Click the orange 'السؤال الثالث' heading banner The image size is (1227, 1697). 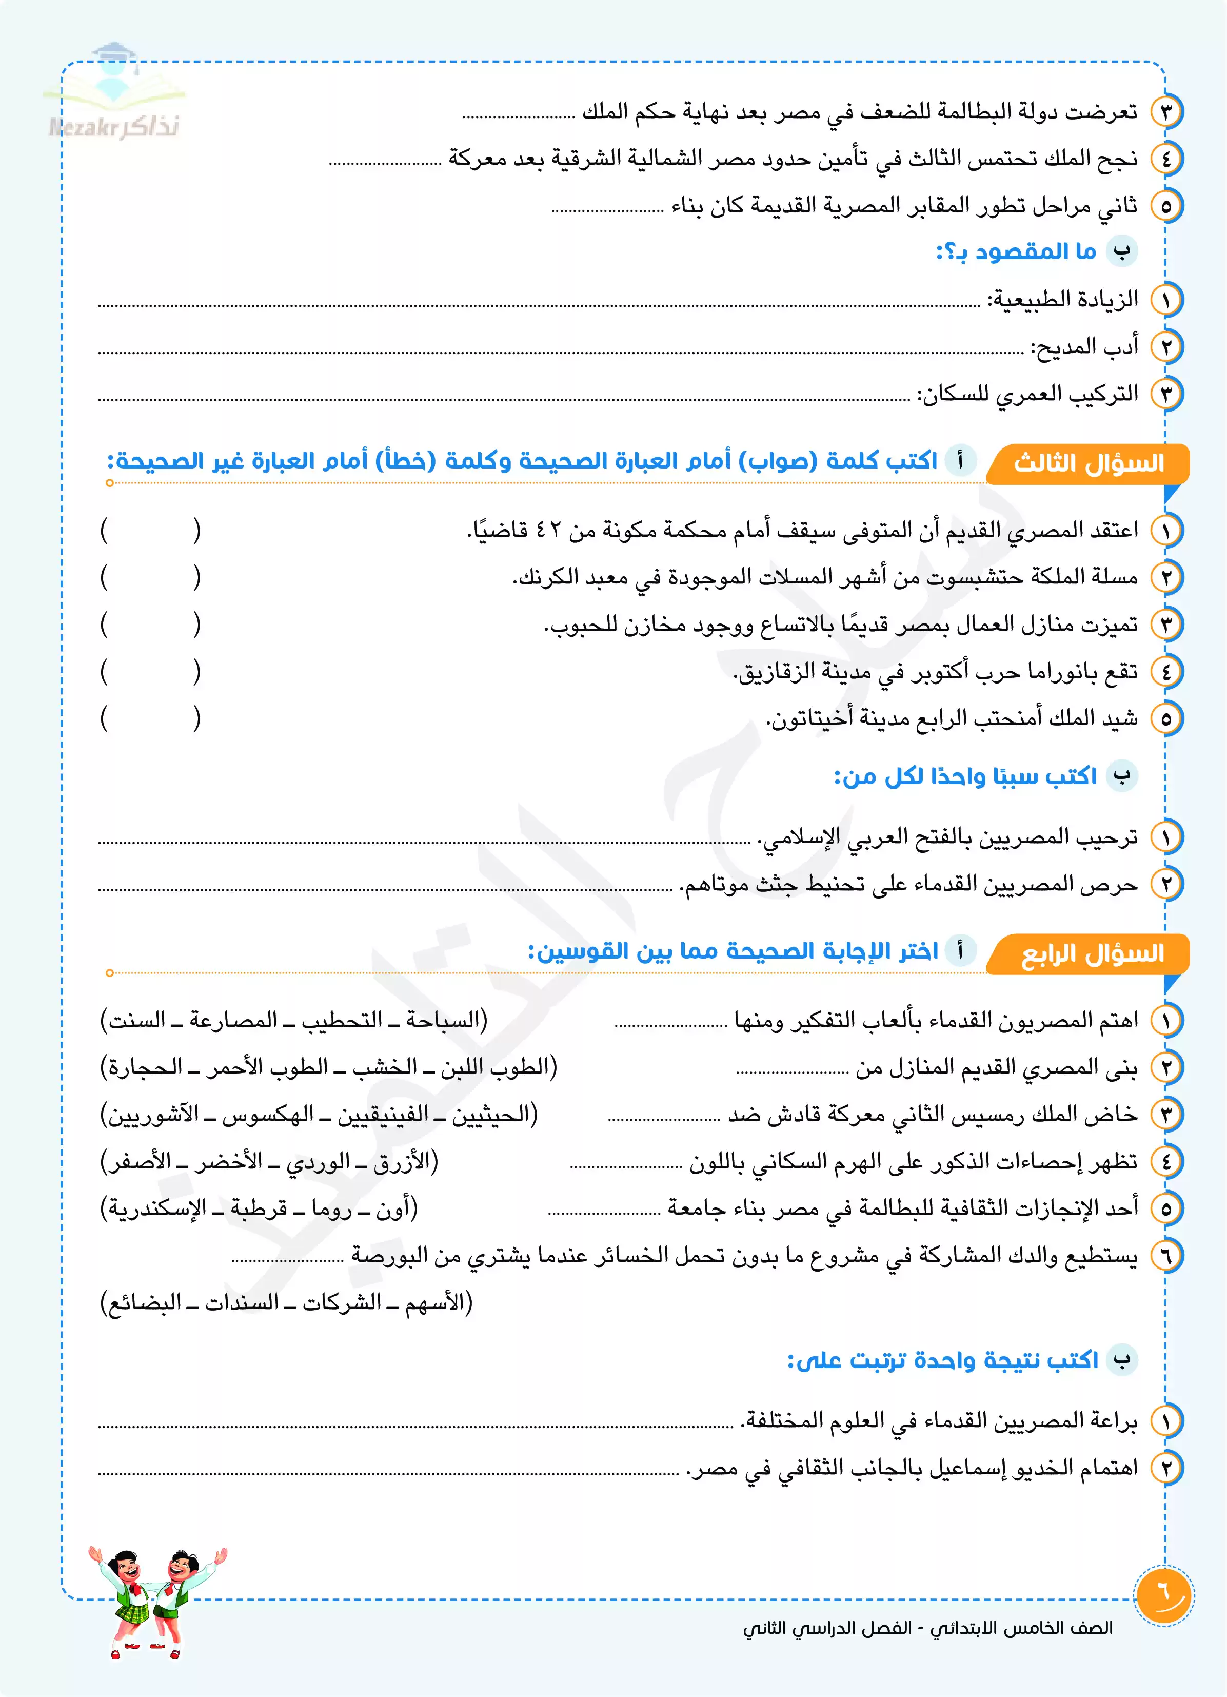coord(1088,463)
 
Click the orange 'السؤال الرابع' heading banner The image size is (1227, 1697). coord(1092,953)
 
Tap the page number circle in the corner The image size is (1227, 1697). coord(1163,1595)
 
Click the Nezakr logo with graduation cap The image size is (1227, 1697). coord(114,93)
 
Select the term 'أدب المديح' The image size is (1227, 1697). coord(1085,346)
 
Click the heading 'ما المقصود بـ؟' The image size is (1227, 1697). coord(1016,251)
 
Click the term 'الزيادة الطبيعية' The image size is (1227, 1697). coord(1062,299)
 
